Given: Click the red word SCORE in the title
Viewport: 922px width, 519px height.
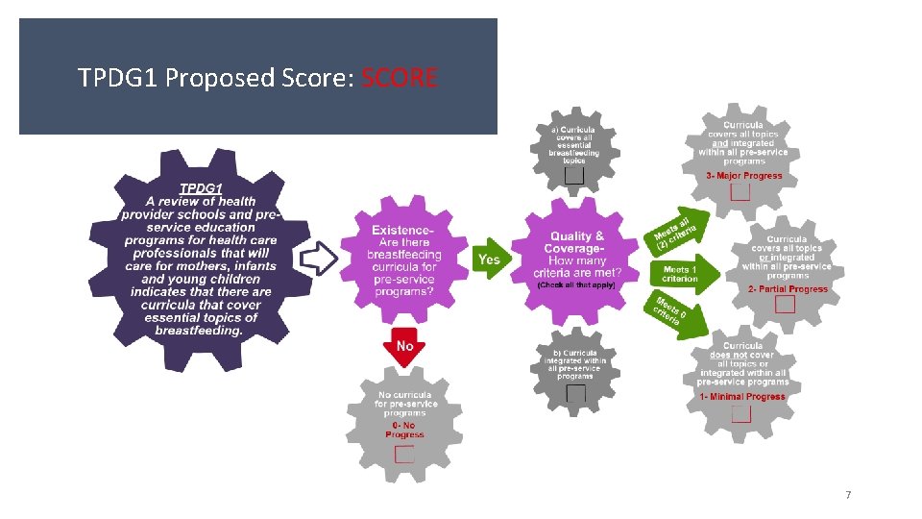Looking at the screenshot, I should click(x=400, y=77).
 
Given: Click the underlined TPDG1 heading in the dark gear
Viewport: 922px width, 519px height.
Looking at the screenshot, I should click(x=202, y=188).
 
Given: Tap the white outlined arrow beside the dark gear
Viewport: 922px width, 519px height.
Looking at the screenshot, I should click(x=320, y=257).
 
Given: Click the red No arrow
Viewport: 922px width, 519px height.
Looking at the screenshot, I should click(x=404, y=347).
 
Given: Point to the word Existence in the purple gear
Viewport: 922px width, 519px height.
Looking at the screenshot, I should click(x=402, y=231).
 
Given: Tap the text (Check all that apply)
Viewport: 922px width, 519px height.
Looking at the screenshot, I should click(x=576, y=285).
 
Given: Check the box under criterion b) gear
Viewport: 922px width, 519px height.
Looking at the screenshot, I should click(x=575, y=392).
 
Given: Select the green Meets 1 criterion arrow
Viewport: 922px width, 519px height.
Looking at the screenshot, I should click(x=684, y=274).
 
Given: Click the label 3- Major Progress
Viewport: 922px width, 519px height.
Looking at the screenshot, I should click(x=743, y=176).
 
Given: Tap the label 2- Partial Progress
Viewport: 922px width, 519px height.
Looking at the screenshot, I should click(x=788, y=289).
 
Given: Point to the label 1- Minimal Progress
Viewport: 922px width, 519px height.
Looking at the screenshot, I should click(x=742, y=396).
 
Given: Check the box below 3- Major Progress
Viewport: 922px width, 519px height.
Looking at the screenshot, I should click(x=740, y=191).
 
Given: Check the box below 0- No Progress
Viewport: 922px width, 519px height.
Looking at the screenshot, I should click(x=404, y=453).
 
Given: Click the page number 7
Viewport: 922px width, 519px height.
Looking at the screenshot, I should click(x=847, y=495).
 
